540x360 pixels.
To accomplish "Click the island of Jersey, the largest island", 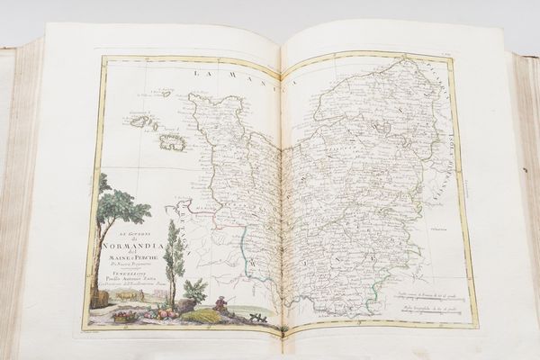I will pos(172,141).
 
